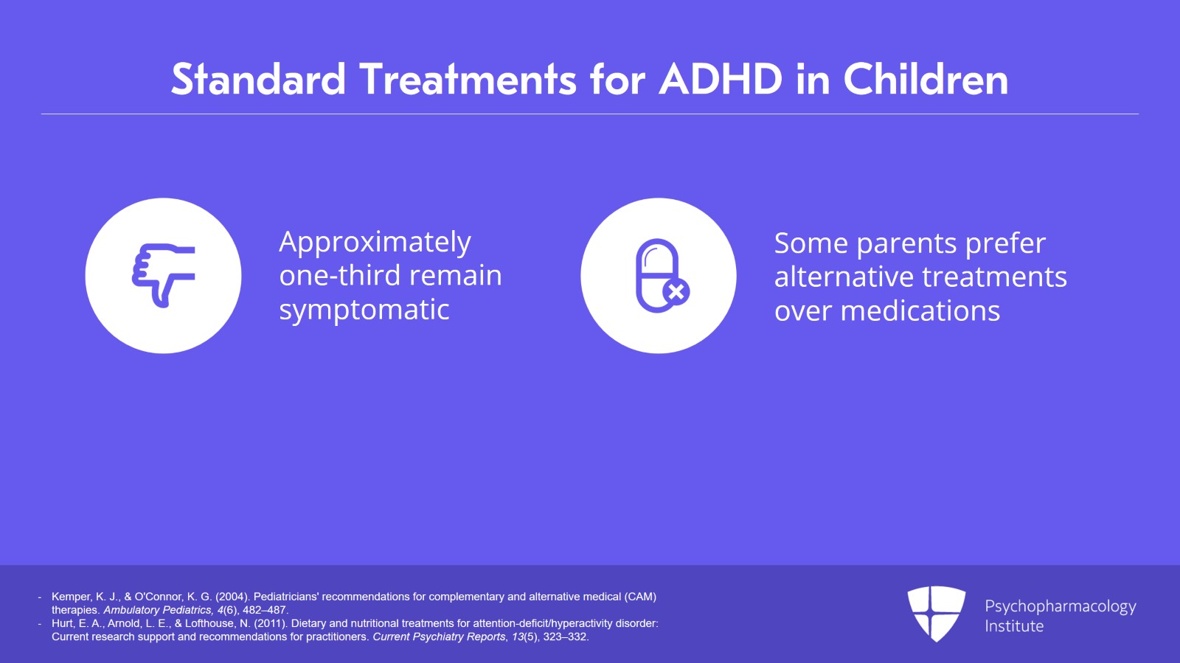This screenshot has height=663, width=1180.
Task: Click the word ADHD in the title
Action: [x=721, y=79]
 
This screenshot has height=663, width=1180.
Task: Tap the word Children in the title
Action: [x=926, y=79]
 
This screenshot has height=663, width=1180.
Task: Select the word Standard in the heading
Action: [x=258, y=79]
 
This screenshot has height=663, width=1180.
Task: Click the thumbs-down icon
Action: [x=163, y=275]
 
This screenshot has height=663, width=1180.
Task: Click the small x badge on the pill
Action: [x=676, y=292]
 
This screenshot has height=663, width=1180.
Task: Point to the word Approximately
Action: [x=375, y=242]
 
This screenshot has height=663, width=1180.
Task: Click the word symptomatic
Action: [x=364, y=310]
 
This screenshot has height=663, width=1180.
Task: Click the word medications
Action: [x=920, y=311]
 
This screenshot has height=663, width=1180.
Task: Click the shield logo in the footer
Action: [x=936, y=613]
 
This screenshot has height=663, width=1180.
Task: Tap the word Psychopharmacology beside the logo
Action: [x=1060, y=606]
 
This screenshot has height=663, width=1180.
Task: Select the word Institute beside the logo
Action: [x=1014, y=626]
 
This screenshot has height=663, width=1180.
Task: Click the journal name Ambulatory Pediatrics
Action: [x=157, y=610]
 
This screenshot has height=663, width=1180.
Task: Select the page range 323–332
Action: [x=566, y=636]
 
